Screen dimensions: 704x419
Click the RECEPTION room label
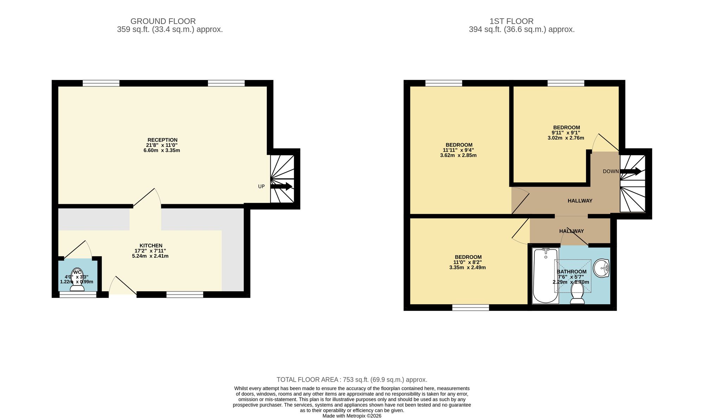coord(162,140)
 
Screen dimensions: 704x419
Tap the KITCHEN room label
coord(151,245)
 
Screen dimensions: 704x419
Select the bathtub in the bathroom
coord(545,275)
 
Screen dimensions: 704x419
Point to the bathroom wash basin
coord(601,268)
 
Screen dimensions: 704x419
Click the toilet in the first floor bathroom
coord(577,293)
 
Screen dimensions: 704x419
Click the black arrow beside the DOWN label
coord(630,171)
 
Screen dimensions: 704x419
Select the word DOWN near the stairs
coord(611,171)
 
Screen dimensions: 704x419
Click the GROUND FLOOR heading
coord(163,21)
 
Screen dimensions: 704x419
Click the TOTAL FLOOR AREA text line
coord(352,380)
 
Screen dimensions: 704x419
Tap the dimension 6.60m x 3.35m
coord(162,150)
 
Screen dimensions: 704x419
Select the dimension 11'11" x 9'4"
coord(458,150)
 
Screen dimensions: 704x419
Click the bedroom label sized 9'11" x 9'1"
coord(566,127)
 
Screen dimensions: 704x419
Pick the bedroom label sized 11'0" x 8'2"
coord(468,257)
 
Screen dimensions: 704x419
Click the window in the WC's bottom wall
coord(78,295)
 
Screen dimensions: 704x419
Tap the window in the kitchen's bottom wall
coord(185,295)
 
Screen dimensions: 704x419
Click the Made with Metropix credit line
coord(352,416)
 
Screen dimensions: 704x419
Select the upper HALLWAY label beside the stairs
coord(580,201)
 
